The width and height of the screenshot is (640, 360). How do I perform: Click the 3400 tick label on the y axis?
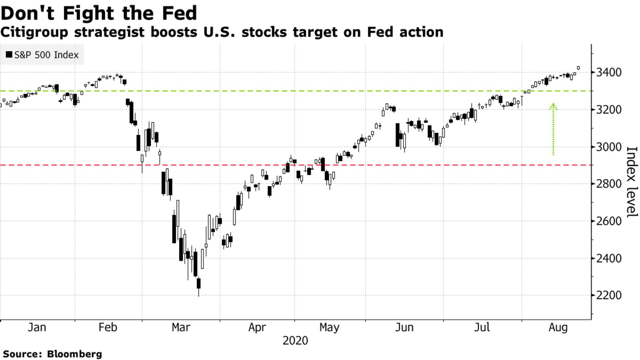[x=608, y=72]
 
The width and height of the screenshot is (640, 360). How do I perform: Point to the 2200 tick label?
[x=608, y=295]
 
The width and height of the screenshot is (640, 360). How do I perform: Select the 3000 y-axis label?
[x=608, y=147]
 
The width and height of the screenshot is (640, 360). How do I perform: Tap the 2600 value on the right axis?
[x=608, y=221]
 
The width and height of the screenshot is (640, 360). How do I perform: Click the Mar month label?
[x=181, y=327]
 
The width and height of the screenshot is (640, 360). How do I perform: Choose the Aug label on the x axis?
[x=558, y=327]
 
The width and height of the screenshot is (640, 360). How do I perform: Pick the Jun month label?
[x=404, y=327]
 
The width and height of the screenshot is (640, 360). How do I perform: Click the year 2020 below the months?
[x=295, y=340]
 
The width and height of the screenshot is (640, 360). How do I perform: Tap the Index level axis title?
[x=631, y=181]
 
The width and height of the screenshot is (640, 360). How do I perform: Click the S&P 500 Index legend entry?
[x=46, y=55]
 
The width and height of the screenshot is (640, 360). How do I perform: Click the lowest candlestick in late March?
[x=199, y=284]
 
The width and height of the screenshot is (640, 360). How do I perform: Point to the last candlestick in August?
[x=578, y=68]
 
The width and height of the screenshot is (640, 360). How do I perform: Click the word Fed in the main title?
[x=179, y=13]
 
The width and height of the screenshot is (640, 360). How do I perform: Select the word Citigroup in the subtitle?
[x=34, y=32]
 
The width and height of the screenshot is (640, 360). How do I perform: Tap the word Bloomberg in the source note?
[x=74, y=354]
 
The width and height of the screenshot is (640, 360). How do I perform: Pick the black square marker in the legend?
[x=9, y=55]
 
